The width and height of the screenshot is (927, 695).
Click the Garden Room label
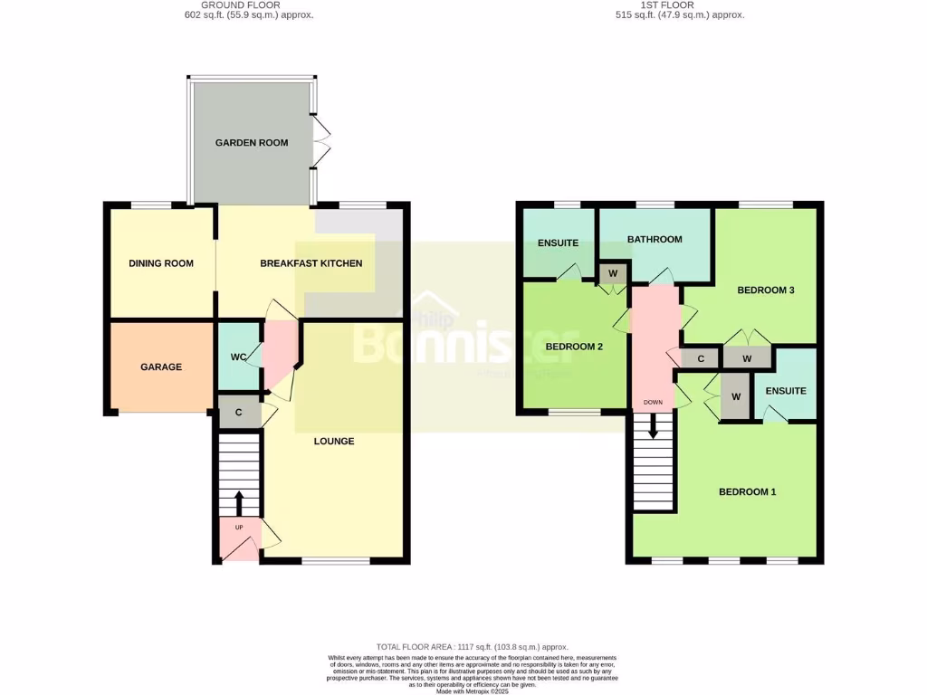pos(252,143)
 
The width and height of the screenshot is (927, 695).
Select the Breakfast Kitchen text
pos(311,263)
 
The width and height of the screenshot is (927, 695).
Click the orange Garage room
pos(161,367)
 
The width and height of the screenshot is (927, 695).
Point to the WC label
pos(239,357)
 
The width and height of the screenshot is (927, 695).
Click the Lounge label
pos(333,442)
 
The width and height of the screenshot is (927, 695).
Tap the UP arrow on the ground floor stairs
pos(239,500)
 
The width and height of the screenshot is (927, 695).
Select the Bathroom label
pos(655,239)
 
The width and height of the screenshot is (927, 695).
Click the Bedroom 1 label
pos(747,492)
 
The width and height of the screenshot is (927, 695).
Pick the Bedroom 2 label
pos(574,347)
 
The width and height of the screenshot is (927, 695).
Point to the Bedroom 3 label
pos(765,290)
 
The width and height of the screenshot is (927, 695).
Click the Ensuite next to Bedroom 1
pos(785,391)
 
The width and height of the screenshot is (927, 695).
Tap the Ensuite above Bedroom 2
pos(559,243)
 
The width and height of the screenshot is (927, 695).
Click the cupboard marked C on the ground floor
pos(239,412)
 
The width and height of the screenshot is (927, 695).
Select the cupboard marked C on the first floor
pos(700,358)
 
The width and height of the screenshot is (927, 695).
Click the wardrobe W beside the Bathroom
pos(613,272)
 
